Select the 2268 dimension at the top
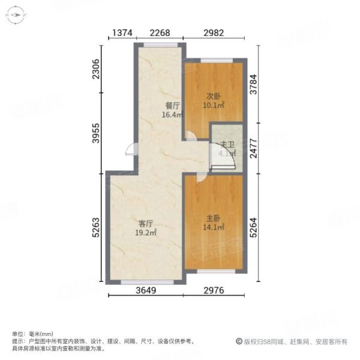[x=159, y=33]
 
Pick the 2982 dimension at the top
[x=214, y=33]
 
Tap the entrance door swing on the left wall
[x=129, y=151]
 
